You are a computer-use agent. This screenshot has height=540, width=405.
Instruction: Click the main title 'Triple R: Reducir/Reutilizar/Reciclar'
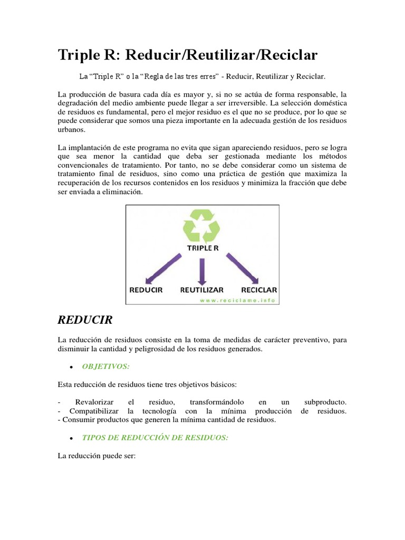click(188, 55)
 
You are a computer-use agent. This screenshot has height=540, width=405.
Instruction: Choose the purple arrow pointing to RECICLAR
click(242, 269)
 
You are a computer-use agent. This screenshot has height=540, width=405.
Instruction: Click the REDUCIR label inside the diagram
click(146, 290)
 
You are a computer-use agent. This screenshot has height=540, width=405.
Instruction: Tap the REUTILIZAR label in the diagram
click(202, 290)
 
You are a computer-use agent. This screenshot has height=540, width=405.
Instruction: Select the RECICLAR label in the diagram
click(259, 290)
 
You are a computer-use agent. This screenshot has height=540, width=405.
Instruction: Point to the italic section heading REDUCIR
click(85, 320)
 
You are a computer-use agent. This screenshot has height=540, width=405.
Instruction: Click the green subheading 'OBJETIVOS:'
click(105, 366)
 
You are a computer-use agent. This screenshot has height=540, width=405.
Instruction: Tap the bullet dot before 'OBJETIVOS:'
click(71, 367)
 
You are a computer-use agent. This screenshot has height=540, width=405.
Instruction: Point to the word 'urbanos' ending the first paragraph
click(71, 130)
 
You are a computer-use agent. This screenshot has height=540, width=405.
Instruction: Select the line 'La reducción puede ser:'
click(97, 456)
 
